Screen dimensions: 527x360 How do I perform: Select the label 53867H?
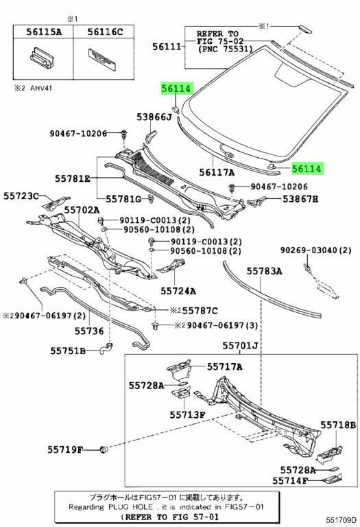tap(305, 199)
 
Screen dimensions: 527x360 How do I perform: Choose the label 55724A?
tap(178, 290)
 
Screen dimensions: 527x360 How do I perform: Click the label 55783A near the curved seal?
tap(263, 271)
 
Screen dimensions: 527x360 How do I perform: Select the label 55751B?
tap(67, 351)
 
